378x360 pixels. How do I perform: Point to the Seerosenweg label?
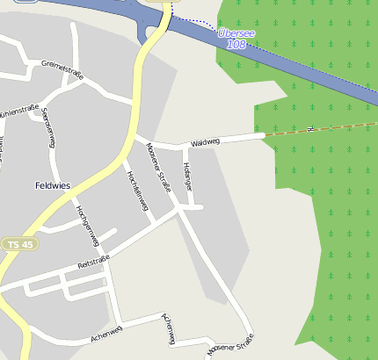[x=50, y=131]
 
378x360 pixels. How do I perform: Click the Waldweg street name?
[x=204, y=140]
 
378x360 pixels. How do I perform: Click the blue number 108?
[x=236, y=44]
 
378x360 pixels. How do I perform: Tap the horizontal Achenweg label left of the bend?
[x=106, y=330]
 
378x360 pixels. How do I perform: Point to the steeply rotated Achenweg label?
[x=169, y=328]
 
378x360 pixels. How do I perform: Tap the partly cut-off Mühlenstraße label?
[x=19, y=112]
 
